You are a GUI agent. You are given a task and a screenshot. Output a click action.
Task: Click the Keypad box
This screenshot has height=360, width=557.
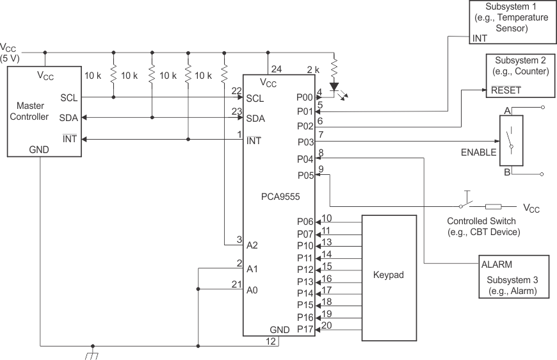(x=389, y=277)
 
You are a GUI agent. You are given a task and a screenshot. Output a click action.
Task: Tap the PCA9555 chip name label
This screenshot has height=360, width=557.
(x=280, y=197)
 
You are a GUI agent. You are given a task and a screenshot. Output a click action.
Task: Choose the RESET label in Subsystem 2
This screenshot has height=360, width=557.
(x=506, y=90)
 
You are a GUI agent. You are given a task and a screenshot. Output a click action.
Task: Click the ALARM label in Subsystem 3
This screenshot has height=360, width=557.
(x=497, y=264)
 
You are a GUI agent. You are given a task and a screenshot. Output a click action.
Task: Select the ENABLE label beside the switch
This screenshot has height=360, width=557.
(x=478, y=152)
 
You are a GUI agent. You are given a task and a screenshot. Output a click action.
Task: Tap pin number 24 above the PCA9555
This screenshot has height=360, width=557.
(x=276, y=69)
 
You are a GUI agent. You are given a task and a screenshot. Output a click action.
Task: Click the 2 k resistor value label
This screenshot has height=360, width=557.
(x=313, y=69)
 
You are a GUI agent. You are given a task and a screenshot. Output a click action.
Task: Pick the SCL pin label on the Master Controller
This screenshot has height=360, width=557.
(x=69, y=97)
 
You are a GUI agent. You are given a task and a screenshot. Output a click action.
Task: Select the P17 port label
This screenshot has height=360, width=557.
(x=305, y=329)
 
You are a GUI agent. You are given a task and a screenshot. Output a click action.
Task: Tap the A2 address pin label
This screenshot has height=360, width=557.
(x=252, y=245)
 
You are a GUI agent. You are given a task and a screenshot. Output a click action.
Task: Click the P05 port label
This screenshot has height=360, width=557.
(x=305, y=174)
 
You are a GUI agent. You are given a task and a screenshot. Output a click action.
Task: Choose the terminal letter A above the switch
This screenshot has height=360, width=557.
(x=507, y=110)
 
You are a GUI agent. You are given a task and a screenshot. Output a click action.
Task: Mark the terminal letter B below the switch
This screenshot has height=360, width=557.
(x=506, y=172)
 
